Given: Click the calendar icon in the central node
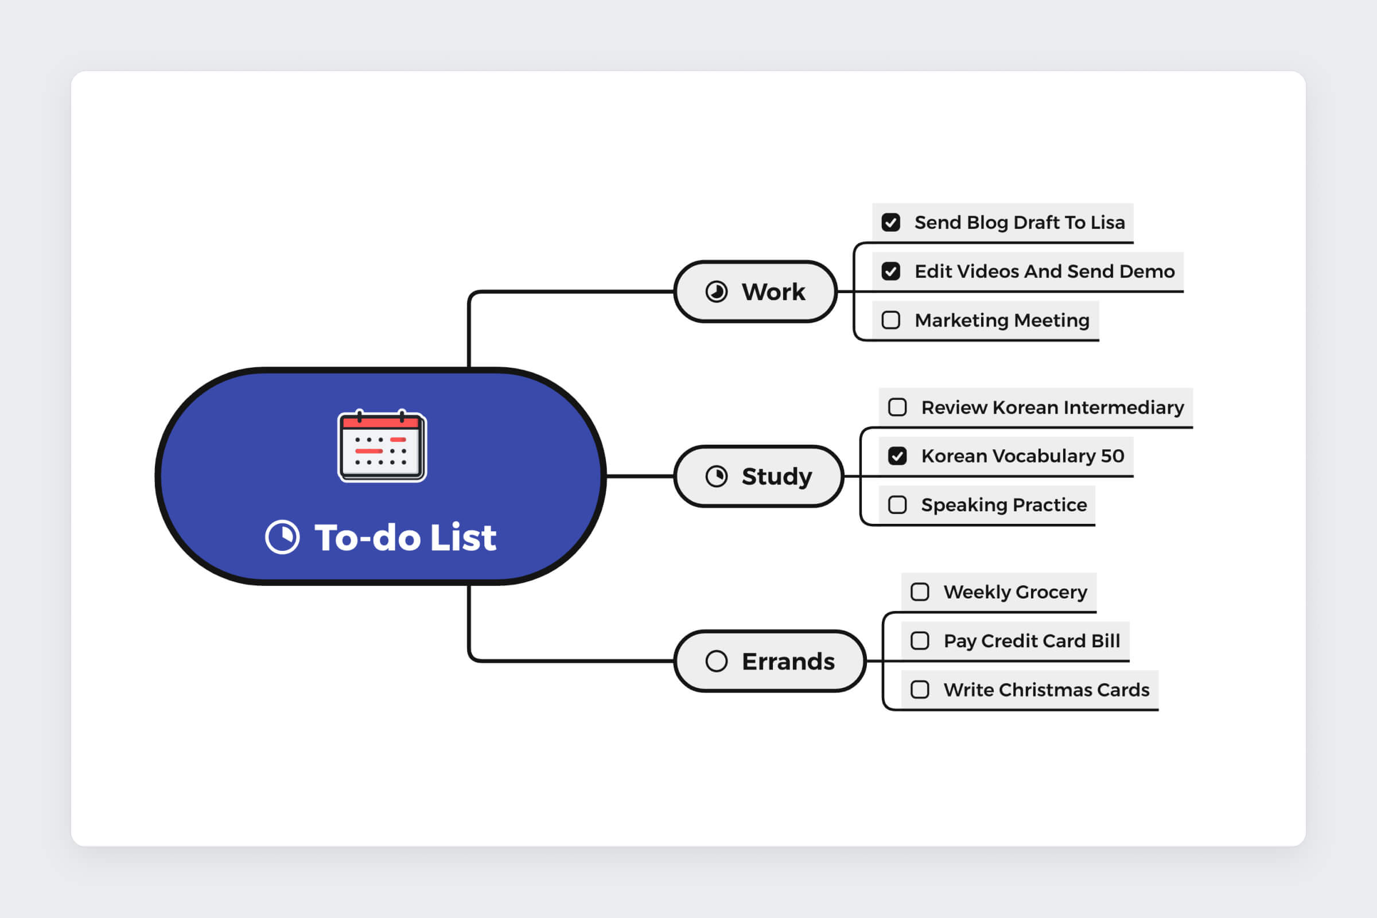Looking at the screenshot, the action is click(382, 446).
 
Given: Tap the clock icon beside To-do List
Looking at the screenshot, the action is click(282, 537).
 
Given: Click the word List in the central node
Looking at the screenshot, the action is click(463, 538).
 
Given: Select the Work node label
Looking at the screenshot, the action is click(773, 291).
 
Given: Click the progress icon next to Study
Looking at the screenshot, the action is click(717, 477).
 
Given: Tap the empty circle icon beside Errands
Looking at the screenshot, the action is click(717, 662).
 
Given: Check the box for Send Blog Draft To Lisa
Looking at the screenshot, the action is click(891, 223).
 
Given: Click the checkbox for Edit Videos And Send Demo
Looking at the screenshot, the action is click(891, 271).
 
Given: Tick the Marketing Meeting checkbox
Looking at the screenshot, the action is click(891, 320).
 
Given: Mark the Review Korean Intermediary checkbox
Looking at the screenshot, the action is click(897, 407).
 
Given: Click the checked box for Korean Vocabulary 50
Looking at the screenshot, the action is click(897, 456).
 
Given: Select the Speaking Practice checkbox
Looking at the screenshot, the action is click(897, 505).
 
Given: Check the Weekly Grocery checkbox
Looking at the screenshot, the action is click(920, 592).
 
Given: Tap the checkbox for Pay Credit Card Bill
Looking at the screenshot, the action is click(920, 641).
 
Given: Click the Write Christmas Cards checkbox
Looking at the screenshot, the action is click(920, 690).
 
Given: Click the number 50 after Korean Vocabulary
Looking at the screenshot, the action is click(1113, 456).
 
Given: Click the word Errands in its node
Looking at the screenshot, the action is click(788, 662).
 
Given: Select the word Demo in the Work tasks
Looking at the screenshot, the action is click(1147, 271).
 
